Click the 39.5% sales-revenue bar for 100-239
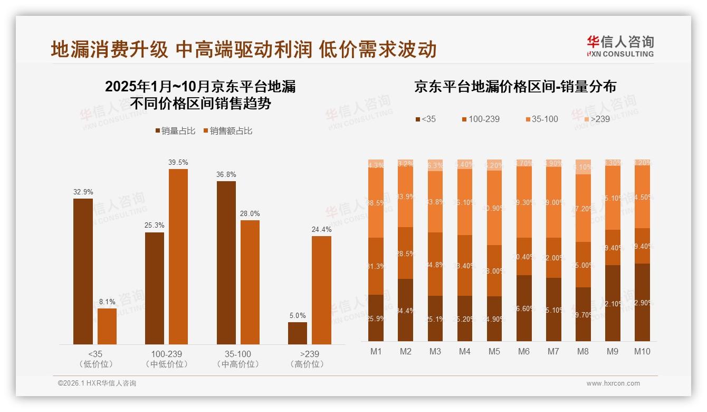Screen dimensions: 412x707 178,257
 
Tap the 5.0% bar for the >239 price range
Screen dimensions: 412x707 298,333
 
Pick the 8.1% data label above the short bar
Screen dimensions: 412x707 107,302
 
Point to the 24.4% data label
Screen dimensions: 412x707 322,230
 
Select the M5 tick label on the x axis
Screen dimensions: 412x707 494,351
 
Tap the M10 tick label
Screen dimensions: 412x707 642,351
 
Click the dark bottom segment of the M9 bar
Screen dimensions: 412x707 613,303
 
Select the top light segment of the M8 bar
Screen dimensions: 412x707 583,166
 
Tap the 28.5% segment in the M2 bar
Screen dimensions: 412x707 405,253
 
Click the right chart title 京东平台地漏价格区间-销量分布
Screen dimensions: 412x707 515,87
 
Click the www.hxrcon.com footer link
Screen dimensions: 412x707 613,383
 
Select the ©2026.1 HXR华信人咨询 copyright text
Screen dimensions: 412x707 97,383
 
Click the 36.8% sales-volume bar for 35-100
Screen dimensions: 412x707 226,263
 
